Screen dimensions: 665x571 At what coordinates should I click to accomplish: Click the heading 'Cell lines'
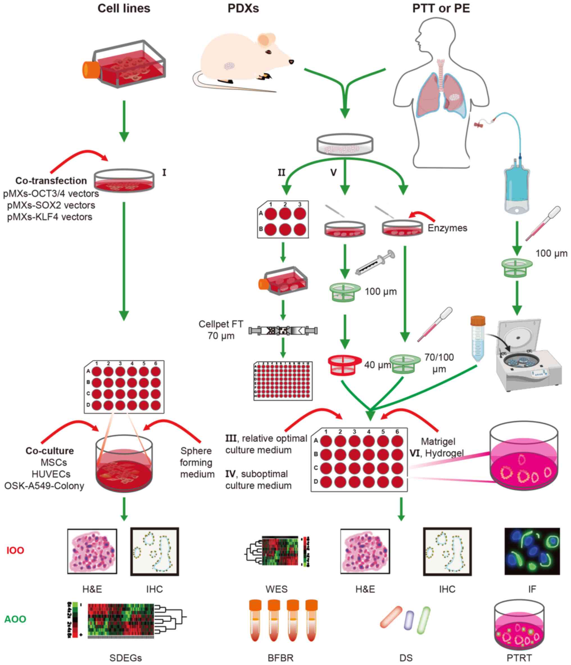point(124,8)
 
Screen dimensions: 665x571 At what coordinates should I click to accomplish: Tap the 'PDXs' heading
point(243,8)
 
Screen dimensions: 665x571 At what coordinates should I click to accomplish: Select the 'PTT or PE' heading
point(441,8)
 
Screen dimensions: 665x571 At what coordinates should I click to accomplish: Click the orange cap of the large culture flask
point(90,70)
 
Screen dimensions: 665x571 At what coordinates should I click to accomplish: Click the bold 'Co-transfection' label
point(51,181)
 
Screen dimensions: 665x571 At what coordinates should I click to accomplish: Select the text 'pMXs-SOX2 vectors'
point(51,205)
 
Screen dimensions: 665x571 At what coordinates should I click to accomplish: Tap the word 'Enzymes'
point(447,228)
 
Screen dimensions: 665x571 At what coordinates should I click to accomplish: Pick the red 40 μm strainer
point(345,365)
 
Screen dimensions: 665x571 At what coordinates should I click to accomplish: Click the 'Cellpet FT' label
point(221,324)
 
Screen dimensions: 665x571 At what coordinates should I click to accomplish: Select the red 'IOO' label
point(15,550)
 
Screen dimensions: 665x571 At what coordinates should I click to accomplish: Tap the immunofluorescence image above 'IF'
point(532,551)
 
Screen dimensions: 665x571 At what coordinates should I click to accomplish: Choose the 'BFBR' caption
point(280,658)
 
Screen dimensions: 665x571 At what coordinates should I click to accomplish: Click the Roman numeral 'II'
point(281,173)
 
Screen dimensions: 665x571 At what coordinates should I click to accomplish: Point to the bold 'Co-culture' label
point(50,451)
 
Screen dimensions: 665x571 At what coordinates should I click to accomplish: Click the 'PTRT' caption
point(519,658)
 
